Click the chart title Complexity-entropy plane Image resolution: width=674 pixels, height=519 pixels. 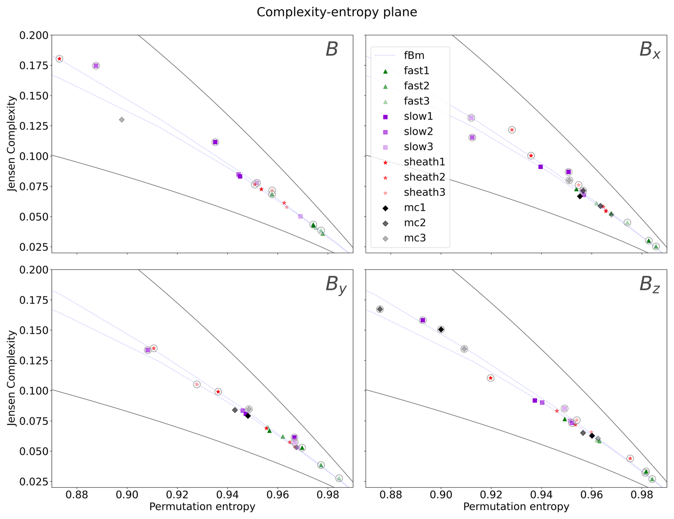337,12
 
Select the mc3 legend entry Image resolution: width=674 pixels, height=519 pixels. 415,238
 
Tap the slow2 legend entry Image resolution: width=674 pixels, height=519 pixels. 418,132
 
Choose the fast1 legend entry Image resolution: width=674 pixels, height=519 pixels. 416,71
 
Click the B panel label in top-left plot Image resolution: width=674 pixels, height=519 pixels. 332,50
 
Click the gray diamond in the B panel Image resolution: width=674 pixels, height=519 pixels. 122,120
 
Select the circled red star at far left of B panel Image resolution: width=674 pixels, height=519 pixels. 59,59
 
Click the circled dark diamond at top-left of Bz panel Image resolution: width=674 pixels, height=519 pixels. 380,309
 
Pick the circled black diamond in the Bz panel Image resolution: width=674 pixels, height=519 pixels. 441,330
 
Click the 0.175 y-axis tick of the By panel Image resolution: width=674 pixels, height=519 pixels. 34,300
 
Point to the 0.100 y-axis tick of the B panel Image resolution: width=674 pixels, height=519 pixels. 34,156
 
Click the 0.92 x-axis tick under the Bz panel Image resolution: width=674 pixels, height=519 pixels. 491,495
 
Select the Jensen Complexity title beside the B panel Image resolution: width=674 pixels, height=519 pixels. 12,144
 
